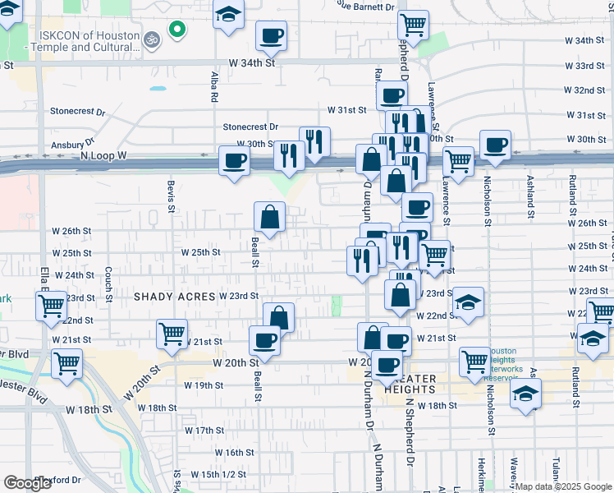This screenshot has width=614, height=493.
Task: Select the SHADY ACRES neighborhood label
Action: coord(174,296)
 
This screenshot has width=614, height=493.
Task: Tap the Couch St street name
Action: coord(108,283)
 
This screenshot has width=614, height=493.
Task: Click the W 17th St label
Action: coord(204,431)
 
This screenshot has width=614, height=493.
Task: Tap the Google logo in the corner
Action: coord(28,482)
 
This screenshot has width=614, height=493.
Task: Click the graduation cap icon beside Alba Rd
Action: coord(228,14)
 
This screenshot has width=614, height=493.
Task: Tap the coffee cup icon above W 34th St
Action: coord(271,35)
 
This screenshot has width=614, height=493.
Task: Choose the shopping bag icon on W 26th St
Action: coord(269,218)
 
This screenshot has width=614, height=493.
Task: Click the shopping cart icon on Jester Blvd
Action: coord(66,362)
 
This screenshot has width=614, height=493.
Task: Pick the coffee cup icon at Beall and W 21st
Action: coord(264,339)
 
